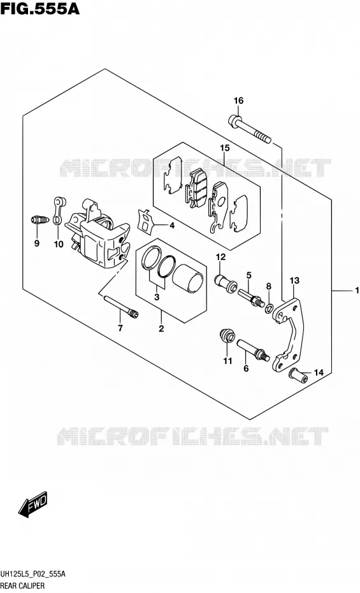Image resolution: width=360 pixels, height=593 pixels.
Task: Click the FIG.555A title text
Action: point(40,9)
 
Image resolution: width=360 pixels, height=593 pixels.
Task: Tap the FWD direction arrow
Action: point(33,504)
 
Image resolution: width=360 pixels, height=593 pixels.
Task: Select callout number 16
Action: point(238,101)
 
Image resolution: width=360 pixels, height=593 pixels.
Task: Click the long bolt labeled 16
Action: point(250,130)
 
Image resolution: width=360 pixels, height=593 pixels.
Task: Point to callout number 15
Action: point(225,148)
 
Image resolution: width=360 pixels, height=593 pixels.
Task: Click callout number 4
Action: point(172,226)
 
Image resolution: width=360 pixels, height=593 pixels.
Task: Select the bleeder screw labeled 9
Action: point(40,220)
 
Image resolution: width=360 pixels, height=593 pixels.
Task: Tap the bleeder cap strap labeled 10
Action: point(58,210)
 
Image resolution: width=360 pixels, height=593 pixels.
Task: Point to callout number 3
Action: point(157,297)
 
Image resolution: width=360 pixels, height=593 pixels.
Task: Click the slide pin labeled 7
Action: point(121,307)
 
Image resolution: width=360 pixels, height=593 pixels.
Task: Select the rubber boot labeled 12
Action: point(226,284)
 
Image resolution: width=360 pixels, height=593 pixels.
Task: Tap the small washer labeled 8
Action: point(268,308)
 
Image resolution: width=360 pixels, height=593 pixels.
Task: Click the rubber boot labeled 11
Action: point(227,336)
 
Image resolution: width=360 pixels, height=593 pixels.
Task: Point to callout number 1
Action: point(356,291)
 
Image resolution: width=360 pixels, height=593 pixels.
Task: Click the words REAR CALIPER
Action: point(23,585)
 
